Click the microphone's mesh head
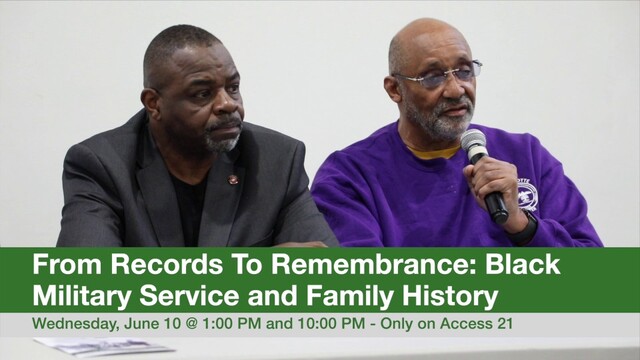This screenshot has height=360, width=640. (474, 144)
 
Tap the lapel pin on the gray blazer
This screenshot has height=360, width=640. (233, 179)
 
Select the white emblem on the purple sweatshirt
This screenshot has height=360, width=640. (529, 194)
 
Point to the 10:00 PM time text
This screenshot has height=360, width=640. (331, 323)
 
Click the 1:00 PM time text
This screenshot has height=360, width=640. (231, 323)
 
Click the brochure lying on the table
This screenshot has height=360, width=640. (104, 346)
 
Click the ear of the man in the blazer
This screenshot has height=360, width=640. (149, 102)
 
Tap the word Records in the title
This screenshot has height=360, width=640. (167, 264)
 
